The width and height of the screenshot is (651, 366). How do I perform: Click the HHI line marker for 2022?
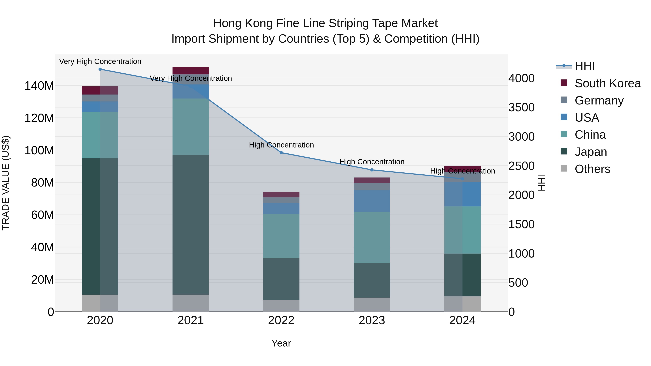281,153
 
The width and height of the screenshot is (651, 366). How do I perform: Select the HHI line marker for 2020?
100,69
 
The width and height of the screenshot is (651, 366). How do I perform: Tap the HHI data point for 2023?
372,170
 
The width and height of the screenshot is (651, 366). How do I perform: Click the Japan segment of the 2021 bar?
191,225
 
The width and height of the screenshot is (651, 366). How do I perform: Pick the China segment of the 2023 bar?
372,237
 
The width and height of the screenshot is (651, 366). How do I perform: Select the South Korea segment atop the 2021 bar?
191,70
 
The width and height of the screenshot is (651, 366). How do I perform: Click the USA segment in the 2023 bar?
372,201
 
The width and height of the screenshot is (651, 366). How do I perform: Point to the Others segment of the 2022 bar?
281,306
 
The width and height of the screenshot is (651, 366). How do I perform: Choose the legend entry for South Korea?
608,83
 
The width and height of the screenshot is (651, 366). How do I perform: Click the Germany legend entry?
599,100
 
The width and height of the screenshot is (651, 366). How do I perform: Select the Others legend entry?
592,169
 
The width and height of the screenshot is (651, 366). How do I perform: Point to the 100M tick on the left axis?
39,151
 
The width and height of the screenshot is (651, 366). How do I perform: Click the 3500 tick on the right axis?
521,108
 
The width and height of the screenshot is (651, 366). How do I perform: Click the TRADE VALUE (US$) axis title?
6,183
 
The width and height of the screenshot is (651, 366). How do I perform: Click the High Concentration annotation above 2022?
281,145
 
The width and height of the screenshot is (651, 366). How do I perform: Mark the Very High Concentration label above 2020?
100,62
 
